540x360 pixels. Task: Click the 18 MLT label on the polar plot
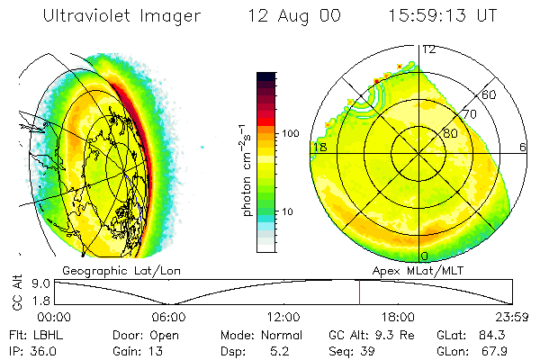click(x=319, y=148)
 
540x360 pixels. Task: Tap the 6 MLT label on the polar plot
click(x=524, y=148)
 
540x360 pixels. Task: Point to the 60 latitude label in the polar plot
click(x=490, y=94)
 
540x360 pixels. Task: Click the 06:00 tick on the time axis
click(x=168, y=316)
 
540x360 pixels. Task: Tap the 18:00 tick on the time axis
click(x=398, y=316)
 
